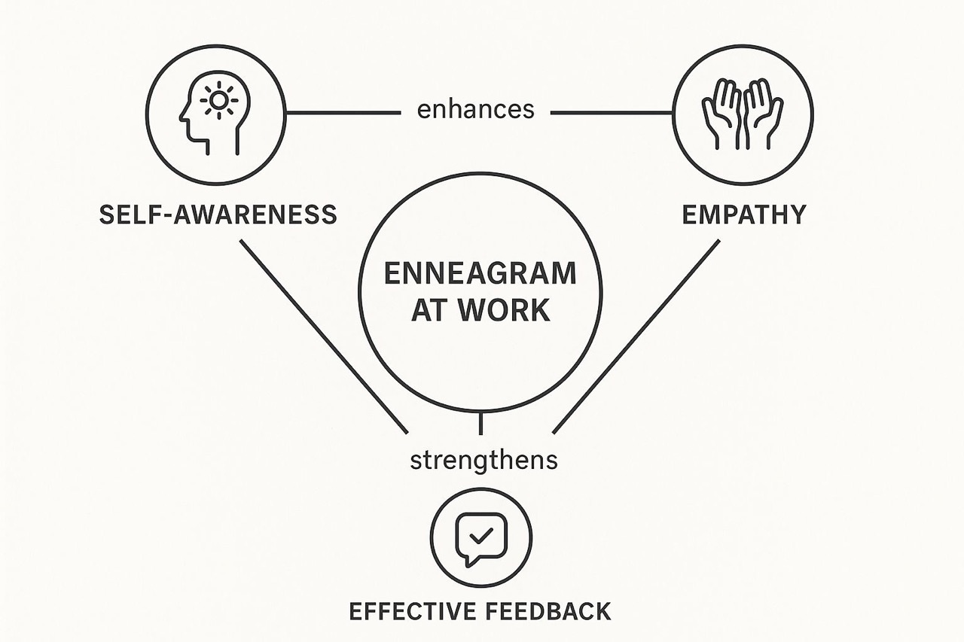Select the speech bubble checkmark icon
click(x=481, y=537)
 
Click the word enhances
click(x=475, y=110)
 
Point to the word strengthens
click(x=484, y=459)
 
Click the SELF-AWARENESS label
click(x=218, y=215)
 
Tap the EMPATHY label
click(x=743, y=215)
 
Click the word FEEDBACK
click(x=556, y=610)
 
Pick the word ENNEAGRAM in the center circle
click(x=480, y=273)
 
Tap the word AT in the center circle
click(x=427, y=310)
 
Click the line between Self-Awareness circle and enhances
click(x=343, y=113)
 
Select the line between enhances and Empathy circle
click(x=612, y=113)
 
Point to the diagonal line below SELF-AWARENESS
click(x=324, y=336)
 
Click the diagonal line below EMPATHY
click(x=636, y=336)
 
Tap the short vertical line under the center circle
click(x=480, y=424)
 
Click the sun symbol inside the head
click(x=220, y=100)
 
